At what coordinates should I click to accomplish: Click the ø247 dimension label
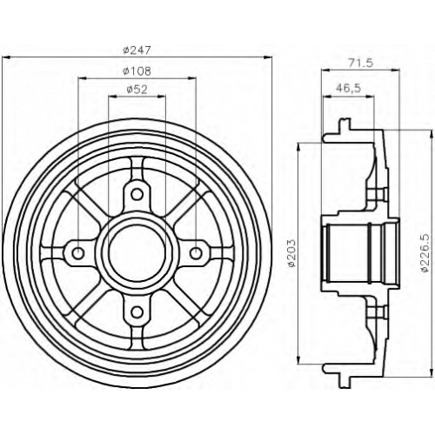[137, 50]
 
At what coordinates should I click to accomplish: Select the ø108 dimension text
[137, 71]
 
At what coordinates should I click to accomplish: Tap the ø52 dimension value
[137, 90]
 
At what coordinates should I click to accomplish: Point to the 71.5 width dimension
[360, 63]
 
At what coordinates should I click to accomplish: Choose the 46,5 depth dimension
[348, 87]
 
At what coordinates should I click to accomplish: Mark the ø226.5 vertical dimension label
[425, 253]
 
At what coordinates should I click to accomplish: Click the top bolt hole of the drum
[137, 194]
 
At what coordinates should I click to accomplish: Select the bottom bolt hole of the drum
[137, 312]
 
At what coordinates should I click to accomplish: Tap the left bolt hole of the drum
[77, 253]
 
